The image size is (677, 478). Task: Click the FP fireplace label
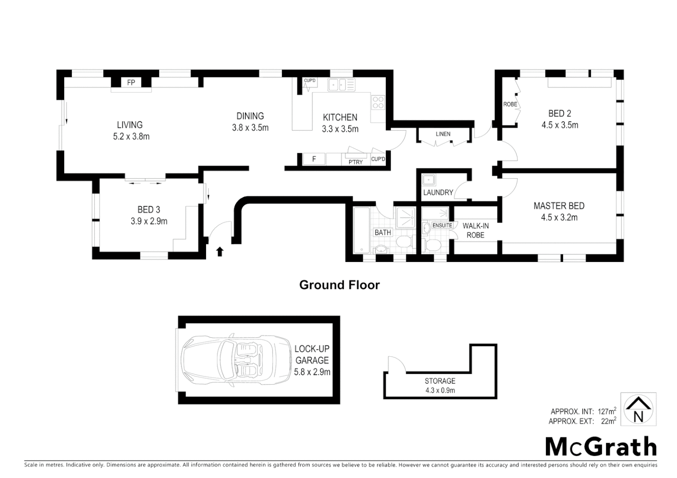coord(131,82)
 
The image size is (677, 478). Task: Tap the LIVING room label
coord(130,125)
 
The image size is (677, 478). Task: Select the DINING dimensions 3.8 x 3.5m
coord(250,128)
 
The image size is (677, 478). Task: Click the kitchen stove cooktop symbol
coord(378,102)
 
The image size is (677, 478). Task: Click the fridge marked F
coord(314,159)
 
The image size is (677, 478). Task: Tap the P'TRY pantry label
coord(355,162)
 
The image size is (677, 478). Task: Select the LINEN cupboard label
coord(443,134)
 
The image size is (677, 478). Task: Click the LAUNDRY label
coord(438,193)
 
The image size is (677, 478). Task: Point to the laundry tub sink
coord(428,180)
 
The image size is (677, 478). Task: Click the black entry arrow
coord(219,251)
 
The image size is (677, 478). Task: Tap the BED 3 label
coord(149,210)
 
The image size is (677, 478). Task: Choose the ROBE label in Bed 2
coord(510,104)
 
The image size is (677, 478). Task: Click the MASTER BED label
coord(559,206)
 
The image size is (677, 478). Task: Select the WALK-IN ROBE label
coord(475,230)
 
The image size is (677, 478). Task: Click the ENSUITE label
coord(442,225)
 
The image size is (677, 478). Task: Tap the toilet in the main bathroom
coord(403,242)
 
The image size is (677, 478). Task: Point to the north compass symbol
coord(638,409)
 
